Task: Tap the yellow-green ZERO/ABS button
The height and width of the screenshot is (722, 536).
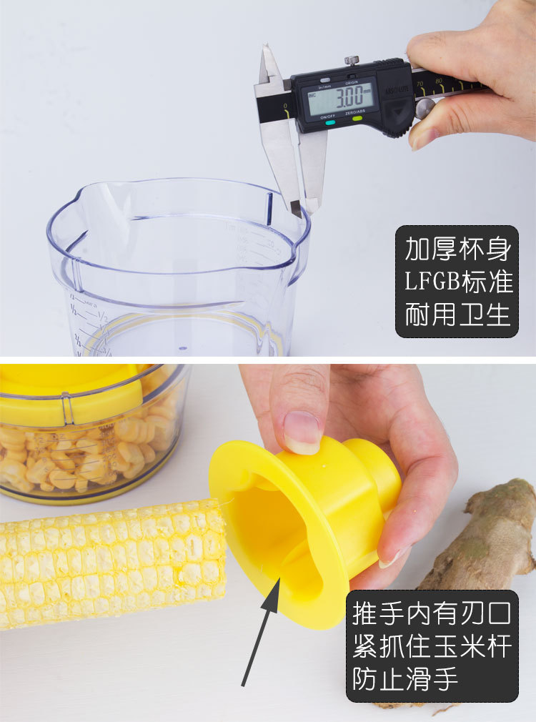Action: (357, 118)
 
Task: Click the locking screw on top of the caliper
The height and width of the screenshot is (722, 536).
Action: (351, 61)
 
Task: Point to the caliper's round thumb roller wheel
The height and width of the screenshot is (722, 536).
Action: (425, 108)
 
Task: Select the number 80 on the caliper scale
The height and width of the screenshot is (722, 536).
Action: (438, 81)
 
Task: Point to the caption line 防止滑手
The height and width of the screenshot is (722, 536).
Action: (405, 678)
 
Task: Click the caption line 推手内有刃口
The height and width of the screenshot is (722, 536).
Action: (432, 613)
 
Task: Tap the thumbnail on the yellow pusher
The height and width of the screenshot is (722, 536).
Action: (302, 432)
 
